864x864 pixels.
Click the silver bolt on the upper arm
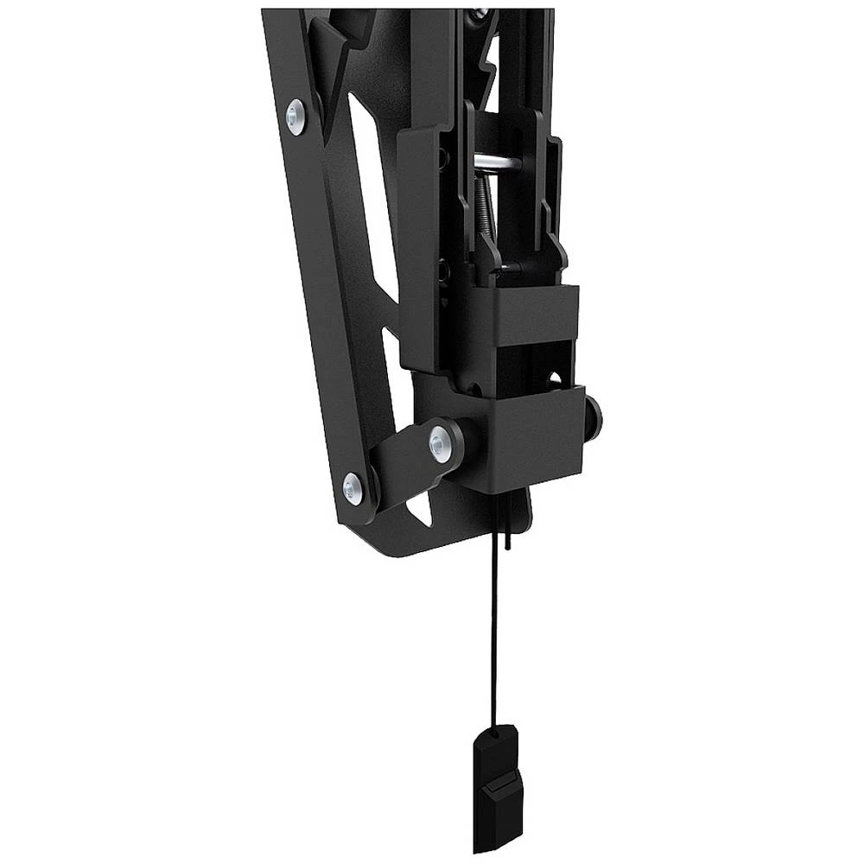click(x=295, y=116)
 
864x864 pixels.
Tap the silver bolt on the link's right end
click(x=441, y=443)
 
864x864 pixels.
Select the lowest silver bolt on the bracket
click(x=353, y=489)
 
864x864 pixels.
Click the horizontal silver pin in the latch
click(x=497, y=162)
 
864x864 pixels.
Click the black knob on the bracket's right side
click(x=593, y=418)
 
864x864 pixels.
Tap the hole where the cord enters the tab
click(x=494, y=734)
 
